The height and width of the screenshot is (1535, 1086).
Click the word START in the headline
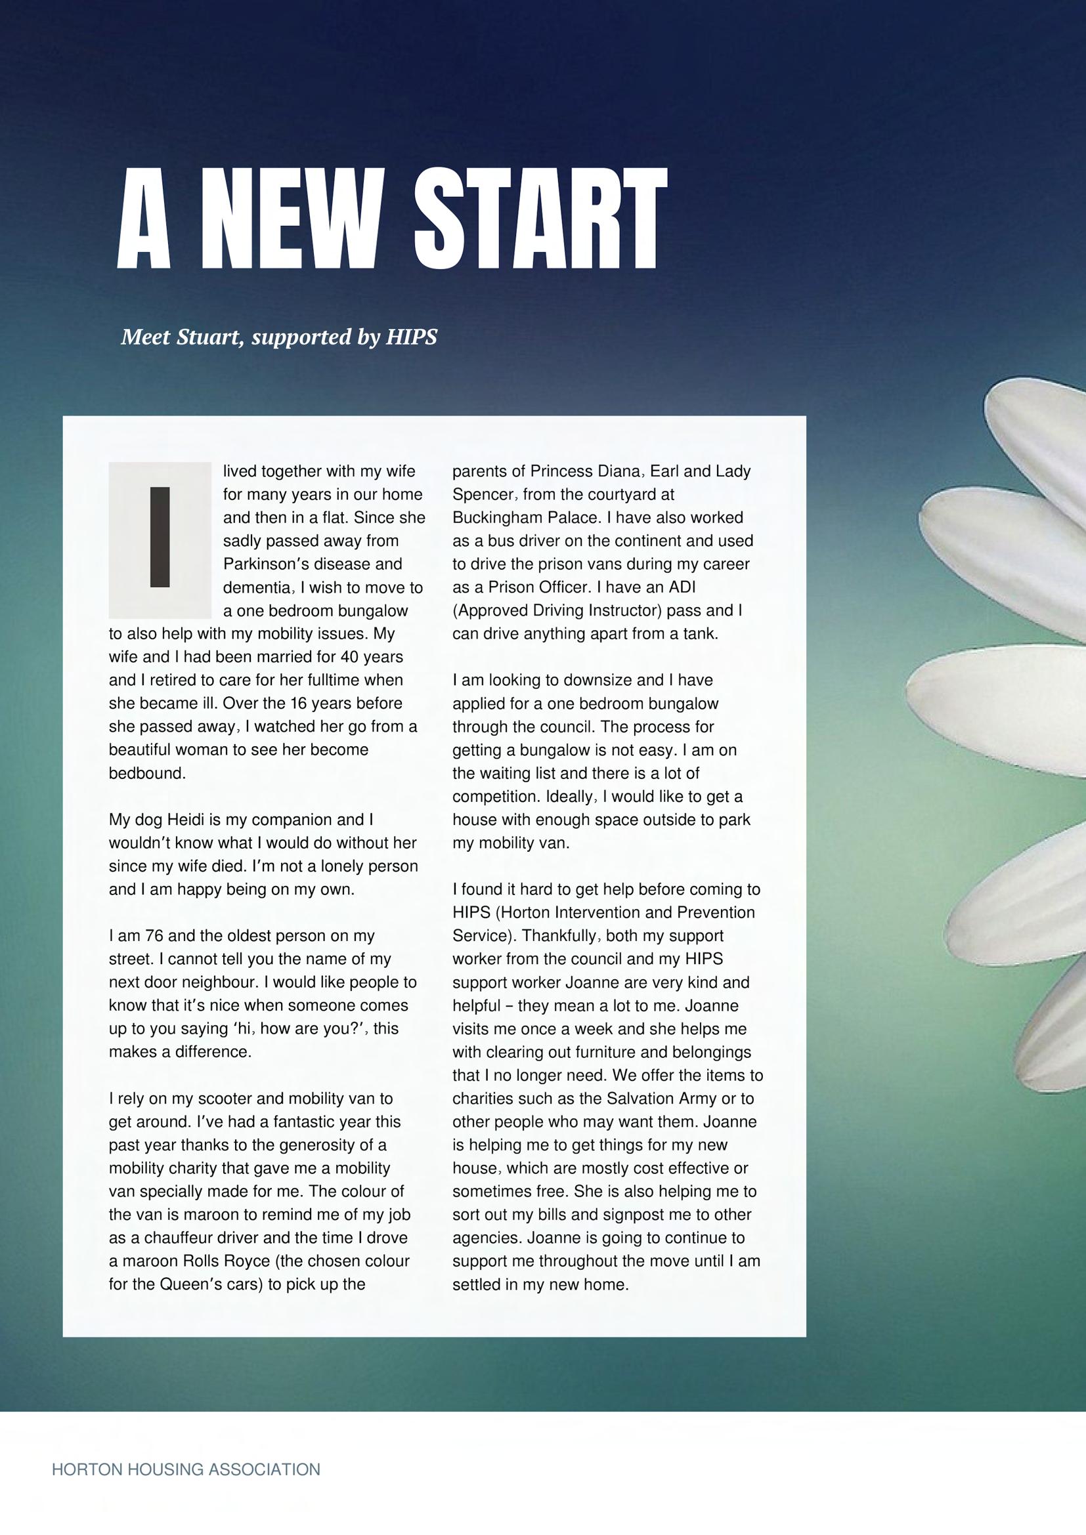pos(540,218)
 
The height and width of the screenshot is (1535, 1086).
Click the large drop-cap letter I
pos(160,537)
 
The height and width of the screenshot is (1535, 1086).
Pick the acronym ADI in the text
pos(682,587)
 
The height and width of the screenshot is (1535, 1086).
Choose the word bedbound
pos(147,774)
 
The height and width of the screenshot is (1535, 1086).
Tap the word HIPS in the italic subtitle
pos(411,337)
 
